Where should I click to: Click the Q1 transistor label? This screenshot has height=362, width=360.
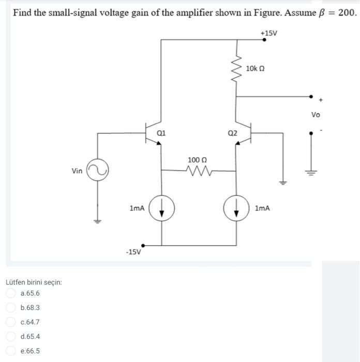161,132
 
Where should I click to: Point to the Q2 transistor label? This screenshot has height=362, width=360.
233,133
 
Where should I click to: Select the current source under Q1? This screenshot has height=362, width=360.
162,208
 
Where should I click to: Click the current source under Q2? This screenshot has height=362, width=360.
237,208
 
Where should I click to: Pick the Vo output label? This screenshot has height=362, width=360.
316,114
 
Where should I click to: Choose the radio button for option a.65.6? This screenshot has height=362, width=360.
11,293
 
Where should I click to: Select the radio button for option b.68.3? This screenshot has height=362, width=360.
11,308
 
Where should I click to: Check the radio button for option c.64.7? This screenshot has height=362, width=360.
11,322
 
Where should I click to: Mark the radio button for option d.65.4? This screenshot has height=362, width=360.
11,337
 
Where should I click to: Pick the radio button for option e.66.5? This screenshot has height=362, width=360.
11,351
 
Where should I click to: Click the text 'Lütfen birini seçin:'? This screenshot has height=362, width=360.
34,282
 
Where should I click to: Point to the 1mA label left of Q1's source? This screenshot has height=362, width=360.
137,208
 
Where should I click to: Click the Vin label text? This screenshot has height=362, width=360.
77,171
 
